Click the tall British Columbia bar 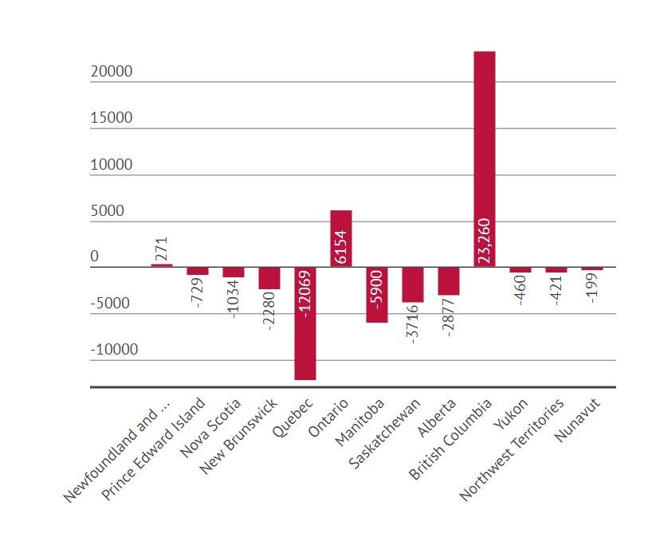tap(484, 159)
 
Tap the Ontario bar tap(341, 238)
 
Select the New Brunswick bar tap(269, 278)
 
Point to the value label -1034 tap(234, 299)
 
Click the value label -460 tap(520, 290)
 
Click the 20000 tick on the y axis tap(112, 72)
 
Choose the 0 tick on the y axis tap(94, 257)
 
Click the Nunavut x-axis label tap(580, 418)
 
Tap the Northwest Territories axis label tap(513, 449)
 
